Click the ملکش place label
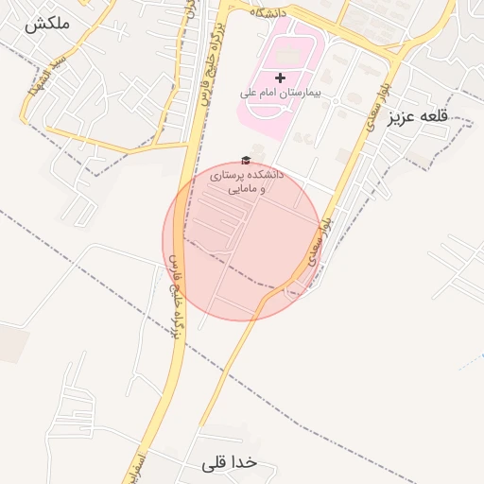[46, 26]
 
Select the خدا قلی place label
[230, 463]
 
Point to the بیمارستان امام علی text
[279, 95]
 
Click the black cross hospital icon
[279, 76]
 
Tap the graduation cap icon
[246, 161]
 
